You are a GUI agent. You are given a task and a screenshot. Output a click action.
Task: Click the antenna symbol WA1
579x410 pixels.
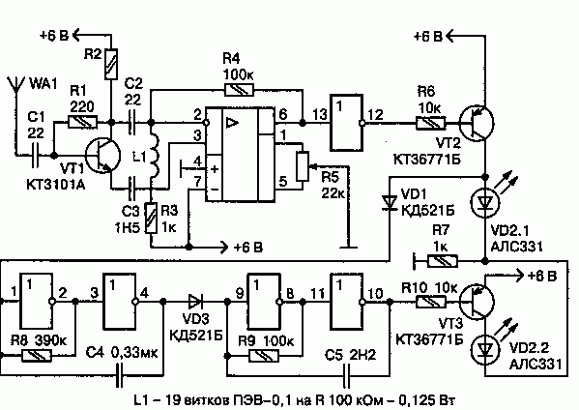pyautogui.click(x=16, y=86)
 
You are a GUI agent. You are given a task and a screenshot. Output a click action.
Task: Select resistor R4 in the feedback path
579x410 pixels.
pyautogui.click(x=239, y=89)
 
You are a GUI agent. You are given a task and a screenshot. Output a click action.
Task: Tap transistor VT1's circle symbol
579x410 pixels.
pyautogui.click(x=102, y=155)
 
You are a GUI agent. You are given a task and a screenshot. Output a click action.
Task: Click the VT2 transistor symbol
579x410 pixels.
pyautogui.click(x=477, y=124)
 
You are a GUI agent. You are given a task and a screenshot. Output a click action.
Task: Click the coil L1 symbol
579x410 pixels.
pyautogui.click(x=155, y=155)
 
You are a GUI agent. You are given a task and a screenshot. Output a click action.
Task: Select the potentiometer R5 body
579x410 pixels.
pyautogui.click(x=303, y=166)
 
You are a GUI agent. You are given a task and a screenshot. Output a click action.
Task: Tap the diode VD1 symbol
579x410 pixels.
pyautogui.click(x=390, y=202)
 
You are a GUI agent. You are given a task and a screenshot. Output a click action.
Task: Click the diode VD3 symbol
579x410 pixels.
pyautogui.click(x=195, y=302)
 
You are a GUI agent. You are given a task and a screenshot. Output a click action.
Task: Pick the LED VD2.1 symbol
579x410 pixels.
pyautogui.click(x=485, y=202)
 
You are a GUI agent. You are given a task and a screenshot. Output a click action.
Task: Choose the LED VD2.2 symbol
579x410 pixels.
pyautogui.click(x=485, y=348)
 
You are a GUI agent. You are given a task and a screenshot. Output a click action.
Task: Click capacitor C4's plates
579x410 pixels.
pyautogui.click(x=119, y=375)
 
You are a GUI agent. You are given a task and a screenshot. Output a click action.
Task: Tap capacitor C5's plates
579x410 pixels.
pyautogui.click(x=347, y=375)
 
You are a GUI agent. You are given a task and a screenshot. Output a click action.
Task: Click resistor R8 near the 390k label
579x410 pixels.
pyautogui.click(x=37, y=356)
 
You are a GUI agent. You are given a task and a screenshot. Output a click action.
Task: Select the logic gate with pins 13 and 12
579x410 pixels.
pyautogui.click(x=347, y=123)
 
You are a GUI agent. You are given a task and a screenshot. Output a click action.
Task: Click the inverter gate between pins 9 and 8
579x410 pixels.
pyautogui.click(x=265, y=302)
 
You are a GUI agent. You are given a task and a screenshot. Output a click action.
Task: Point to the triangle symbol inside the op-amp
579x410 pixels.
pyautogui.click(x=233, y=123)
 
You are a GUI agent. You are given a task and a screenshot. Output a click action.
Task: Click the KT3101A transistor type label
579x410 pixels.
pyautogui.click(x=56, y=185)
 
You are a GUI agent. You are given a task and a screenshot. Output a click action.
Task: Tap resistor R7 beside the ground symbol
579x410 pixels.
pyautogui.click(x=443, y=261)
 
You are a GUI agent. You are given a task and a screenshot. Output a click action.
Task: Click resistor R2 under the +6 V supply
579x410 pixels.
pyautogui.click(x=111, y=64)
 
